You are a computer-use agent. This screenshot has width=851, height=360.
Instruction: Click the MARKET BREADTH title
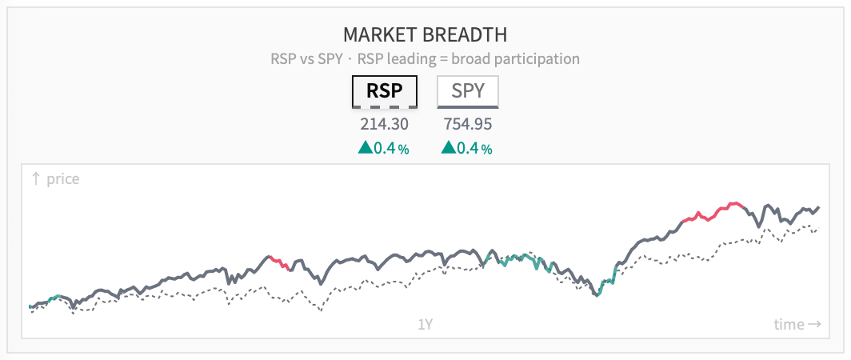[425, 34]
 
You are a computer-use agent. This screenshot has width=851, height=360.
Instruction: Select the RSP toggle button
[385, 91]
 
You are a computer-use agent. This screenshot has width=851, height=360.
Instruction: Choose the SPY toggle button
[467, 91]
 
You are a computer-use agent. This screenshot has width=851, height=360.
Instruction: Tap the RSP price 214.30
[384, 124]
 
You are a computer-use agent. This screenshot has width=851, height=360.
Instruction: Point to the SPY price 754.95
[468, 124]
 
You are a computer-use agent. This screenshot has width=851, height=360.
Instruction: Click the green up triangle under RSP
[366, 147]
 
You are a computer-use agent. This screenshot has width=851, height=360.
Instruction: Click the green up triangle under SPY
[448, 147]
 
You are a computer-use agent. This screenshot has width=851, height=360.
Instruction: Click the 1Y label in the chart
[425, 325]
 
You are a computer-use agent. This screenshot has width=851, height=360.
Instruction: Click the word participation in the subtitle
[534, 58]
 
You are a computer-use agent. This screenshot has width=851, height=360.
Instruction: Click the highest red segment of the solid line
[712, 212]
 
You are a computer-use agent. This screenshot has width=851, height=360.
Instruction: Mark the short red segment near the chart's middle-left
[279, 263]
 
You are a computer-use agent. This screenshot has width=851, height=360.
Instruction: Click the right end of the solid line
[818, 207]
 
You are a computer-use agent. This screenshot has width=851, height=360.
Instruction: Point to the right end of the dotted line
[818, 228]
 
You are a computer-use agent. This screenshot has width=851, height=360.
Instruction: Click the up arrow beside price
[36, 178]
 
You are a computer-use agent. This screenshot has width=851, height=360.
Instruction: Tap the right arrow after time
[814, 325]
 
